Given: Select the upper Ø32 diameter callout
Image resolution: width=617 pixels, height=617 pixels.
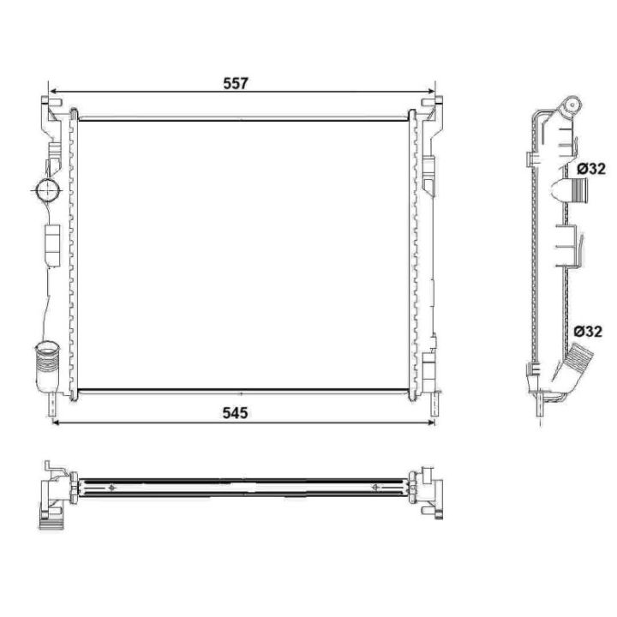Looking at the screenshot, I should [x=591, y=169].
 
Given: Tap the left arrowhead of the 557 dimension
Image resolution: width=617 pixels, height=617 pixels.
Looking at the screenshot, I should [x=53, y=90].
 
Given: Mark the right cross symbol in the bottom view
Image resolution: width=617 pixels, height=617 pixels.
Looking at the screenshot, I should [x=374, y=488].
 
